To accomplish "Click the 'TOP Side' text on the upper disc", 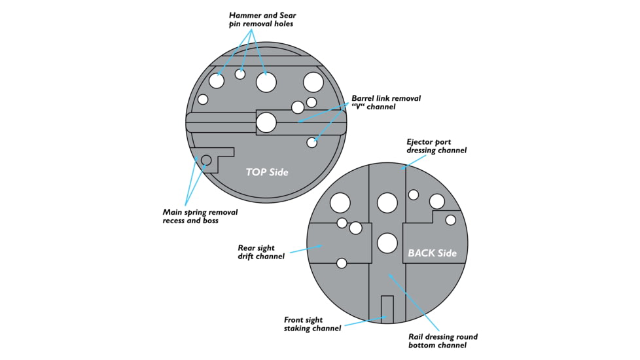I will click(x=267, y=172).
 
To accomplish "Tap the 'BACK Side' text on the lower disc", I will click(x=432, y=253).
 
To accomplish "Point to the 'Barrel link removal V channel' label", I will click(x=386, y=102).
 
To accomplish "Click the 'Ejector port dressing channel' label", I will click(x=436, y=145).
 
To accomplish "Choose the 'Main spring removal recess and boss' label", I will click(x=200, y=216).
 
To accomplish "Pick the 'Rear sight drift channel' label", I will click(x=260, y=252).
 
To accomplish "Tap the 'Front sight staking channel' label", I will click(x=312, y=324).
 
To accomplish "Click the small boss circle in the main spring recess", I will click(x=206, y=160).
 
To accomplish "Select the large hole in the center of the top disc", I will click(x=266, y=122).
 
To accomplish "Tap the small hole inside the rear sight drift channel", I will click(x=341, y=263).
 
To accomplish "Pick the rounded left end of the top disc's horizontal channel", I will click(x=192, y=122).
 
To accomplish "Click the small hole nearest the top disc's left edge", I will click(x=203, y=99).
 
